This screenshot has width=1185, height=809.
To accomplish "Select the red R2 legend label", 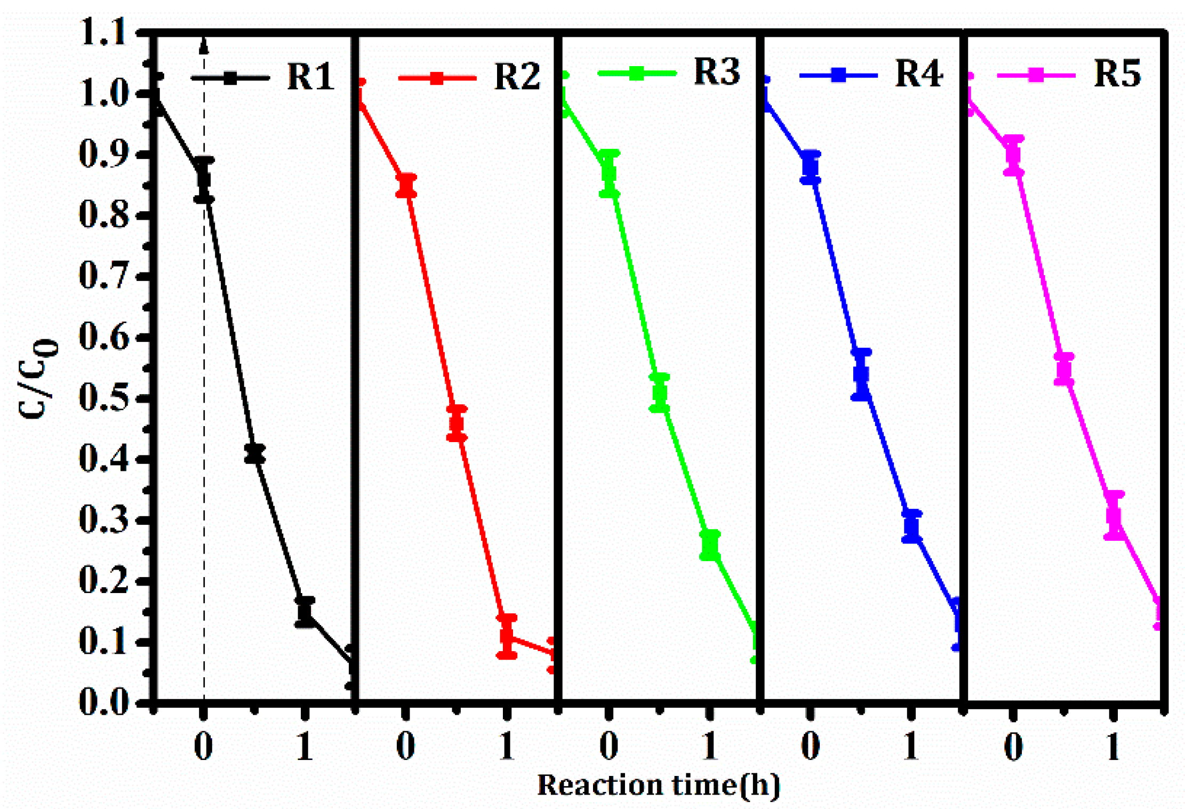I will point(517,77).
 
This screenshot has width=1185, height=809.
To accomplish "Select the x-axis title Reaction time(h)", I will point(658,785).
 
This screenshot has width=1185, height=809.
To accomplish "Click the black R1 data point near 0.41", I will point(255,454).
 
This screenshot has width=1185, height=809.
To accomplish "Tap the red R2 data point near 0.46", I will point(457,423).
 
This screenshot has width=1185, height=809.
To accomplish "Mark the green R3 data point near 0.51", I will point(660,394).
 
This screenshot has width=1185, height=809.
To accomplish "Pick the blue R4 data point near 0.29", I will point(912,526).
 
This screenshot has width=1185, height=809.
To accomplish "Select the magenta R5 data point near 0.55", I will point(1064,369).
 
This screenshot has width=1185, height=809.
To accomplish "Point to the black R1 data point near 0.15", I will point(305,612).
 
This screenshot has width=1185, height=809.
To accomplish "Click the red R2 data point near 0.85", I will point(406,185).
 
